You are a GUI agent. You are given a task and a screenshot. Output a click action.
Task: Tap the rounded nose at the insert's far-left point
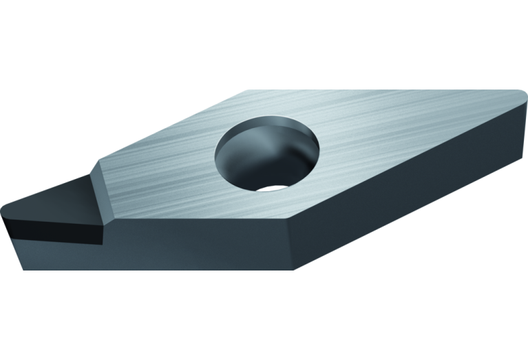6,209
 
